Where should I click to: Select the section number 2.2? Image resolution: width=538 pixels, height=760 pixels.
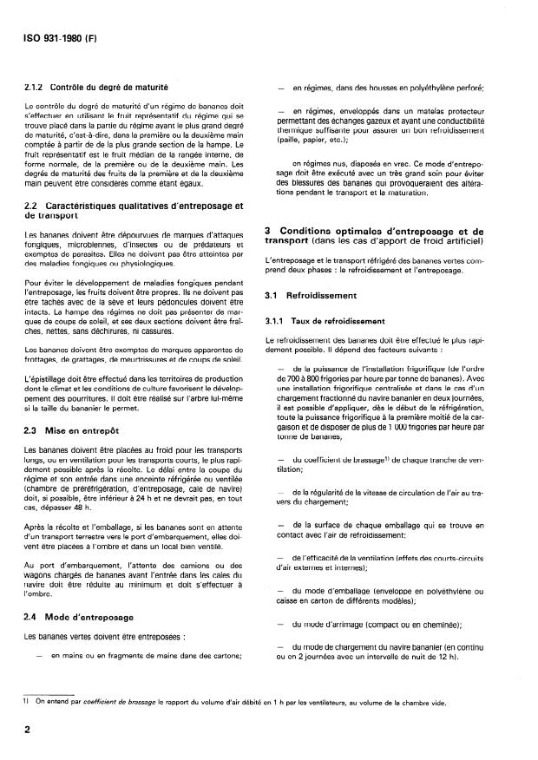click(x=32, y=205)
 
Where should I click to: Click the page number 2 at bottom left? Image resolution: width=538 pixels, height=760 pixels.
click(x=28, y=731)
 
